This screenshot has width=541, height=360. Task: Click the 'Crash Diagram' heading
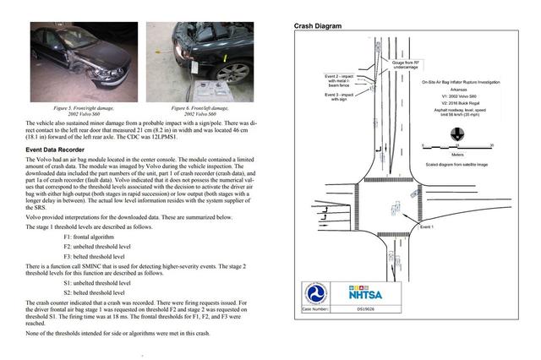click(318, 26)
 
